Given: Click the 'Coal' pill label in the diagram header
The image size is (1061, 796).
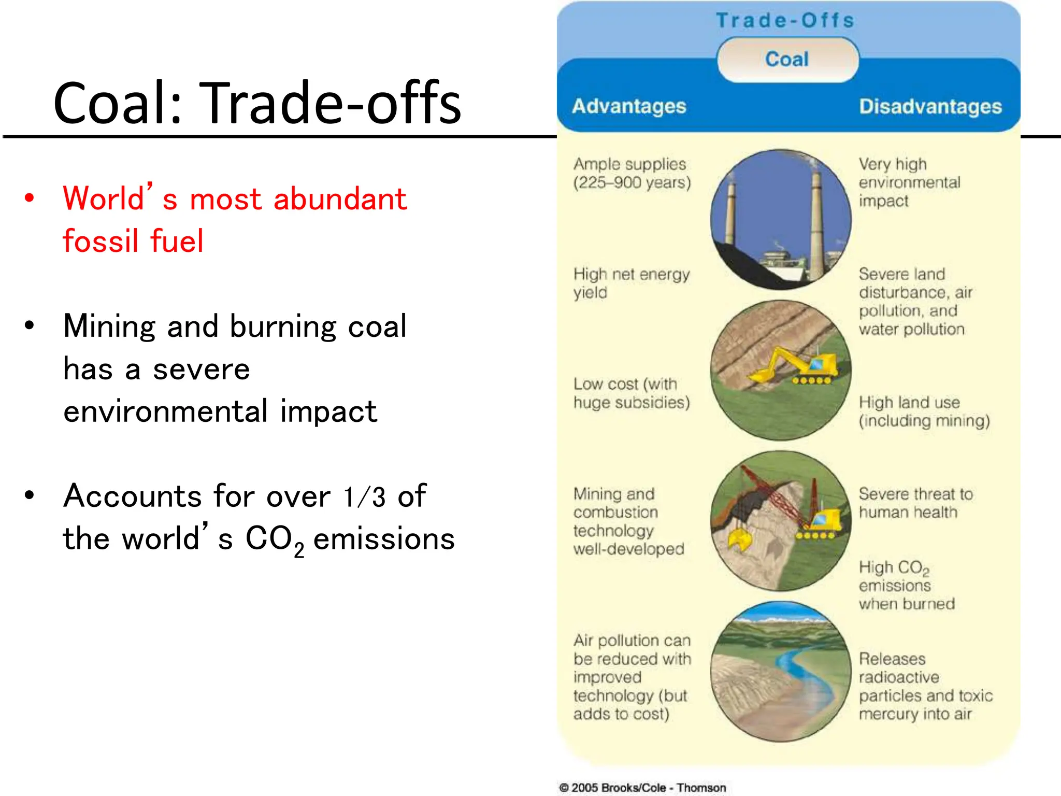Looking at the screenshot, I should pos(787,59).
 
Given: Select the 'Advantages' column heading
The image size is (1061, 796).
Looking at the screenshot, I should pos(629,106).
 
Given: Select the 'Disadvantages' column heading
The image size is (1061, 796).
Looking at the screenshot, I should pos(930,106).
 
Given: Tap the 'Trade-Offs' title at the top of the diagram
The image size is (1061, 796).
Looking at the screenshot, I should pos(785,20).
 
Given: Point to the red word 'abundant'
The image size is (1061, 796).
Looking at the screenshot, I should pos(340,199).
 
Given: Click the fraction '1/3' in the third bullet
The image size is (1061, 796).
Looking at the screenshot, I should pos(365,496).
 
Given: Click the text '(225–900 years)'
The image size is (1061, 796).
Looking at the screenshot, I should pos(632,182).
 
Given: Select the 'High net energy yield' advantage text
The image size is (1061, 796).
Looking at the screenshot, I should pos(631,283).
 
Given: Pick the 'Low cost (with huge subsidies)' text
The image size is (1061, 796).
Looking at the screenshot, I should pos(631,393).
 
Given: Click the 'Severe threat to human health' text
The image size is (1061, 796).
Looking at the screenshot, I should pos(915,503).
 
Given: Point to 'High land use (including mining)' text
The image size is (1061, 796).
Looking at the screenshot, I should pos(924,411).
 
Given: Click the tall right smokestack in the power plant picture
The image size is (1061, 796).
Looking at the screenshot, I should pos(817,223).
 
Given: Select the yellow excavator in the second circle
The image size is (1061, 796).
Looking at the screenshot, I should pos(798,365).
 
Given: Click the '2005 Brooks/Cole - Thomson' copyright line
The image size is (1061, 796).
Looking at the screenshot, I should pos(642,788).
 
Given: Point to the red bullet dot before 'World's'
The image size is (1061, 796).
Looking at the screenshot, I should pos(30,198).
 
